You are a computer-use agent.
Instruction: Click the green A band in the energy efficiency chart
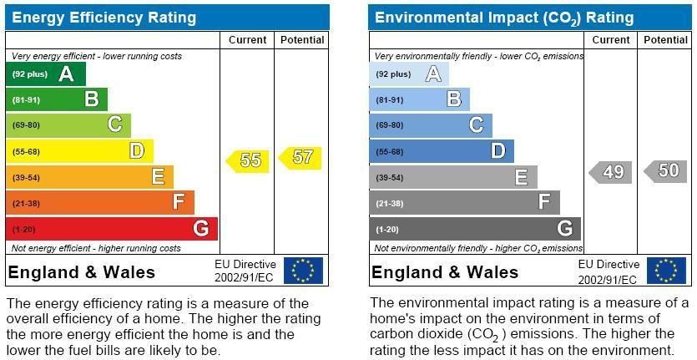46,74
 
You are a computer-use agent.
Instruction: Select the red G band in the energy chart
112,229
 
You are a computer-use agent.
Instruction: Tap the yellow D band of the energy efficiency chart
80,151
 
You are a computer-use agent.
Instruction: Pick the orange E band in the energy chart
90,177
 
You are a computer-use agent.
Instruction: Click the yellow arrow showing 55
248,160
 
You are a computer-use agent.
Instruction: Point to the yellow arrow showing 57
301,157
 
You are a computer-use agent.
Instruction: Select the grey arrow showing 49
611,172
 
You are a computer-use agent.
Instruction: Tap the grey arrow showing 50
666,171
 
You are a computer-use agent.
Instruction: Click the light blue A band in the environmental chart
409,74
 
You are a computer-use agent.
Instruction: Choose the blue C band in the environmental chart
431,125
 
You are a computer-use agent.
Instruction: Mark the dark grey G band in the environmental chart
474,229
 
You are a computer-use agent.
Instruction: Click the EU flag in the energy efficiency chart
303,271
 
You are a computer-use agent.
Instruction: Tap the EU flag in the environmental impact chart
666,271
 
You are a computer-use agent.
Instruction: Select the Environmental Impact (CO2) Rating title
504,18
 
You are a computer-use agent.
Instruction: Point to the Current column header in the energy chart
247,40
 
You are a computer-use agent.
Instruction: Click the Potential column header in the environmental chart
665,40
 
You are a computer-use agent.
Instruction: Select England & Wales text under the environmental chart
445,272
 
